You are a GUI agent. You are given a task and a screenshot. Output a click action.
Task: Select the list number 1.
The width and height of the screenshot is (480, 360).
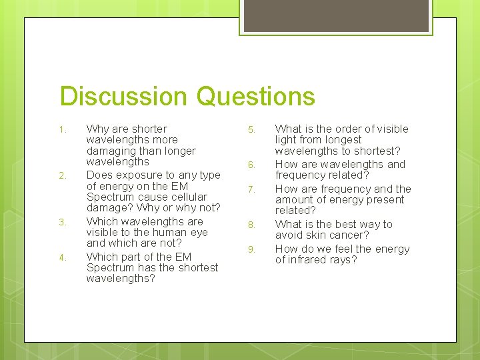coord(61,129)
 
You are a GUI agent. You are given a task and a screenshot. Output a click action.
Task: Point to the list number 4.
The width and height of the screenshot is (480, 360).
coord(61,257)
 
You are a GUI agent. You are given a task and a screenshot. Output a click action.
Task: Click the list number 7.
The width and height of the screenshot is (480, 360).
coord(251,189)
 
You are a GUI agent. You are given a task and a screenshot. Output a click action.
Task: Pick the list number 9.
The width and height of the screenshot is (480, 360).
coord(251,249)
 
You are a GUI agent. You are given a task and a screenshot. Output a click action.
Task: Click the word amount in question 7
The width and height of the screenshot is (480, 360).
coord(294,199)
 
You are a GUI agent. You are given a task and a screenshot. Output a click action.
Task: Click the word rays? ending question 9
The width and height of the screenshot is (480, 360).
coord(343,259)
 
